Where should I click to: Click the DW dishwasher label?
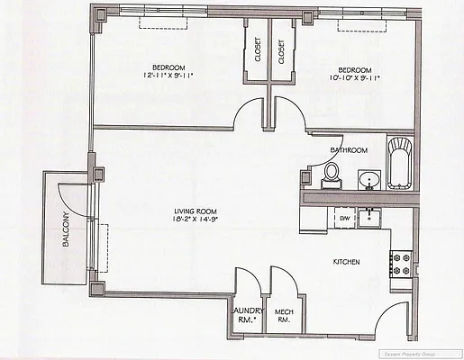click(344, 218)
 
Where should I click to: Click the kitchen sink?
click(370, 217)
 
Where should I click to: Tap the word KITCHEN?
click(347, 262)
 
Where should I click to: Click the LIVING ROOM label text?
click(196, 212)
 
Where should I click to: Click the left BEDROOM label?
click(168, 68)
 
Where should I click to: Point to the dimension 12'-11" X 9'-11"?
click(168, 77)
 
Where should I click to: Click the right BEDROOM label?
click(354, 69)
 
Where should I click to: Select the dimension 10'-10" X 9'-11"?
click(354, 78)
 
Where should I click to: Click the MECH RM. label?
click(285, 314)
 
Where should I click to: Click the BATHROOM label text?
click(349, 149)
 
